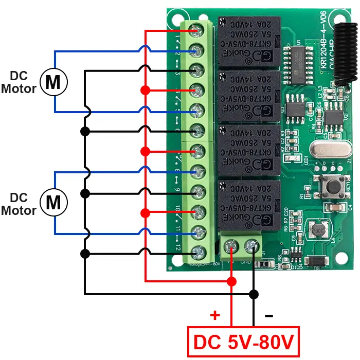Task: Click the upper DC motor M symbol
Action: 53,81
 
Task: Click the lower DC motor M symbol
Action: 53,203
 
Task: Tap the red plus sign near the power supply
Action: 214,315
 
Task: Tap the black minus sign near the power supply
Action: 268,315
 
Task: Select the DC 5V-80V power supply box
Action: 243,341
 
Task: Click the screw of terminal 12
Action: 196,253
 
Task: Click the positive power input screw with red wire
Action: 232,248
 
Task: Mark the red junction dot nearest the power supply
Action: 232,281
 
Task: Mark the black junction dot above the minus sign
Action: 253,294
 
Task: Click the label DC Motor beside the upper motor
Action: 19,82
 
